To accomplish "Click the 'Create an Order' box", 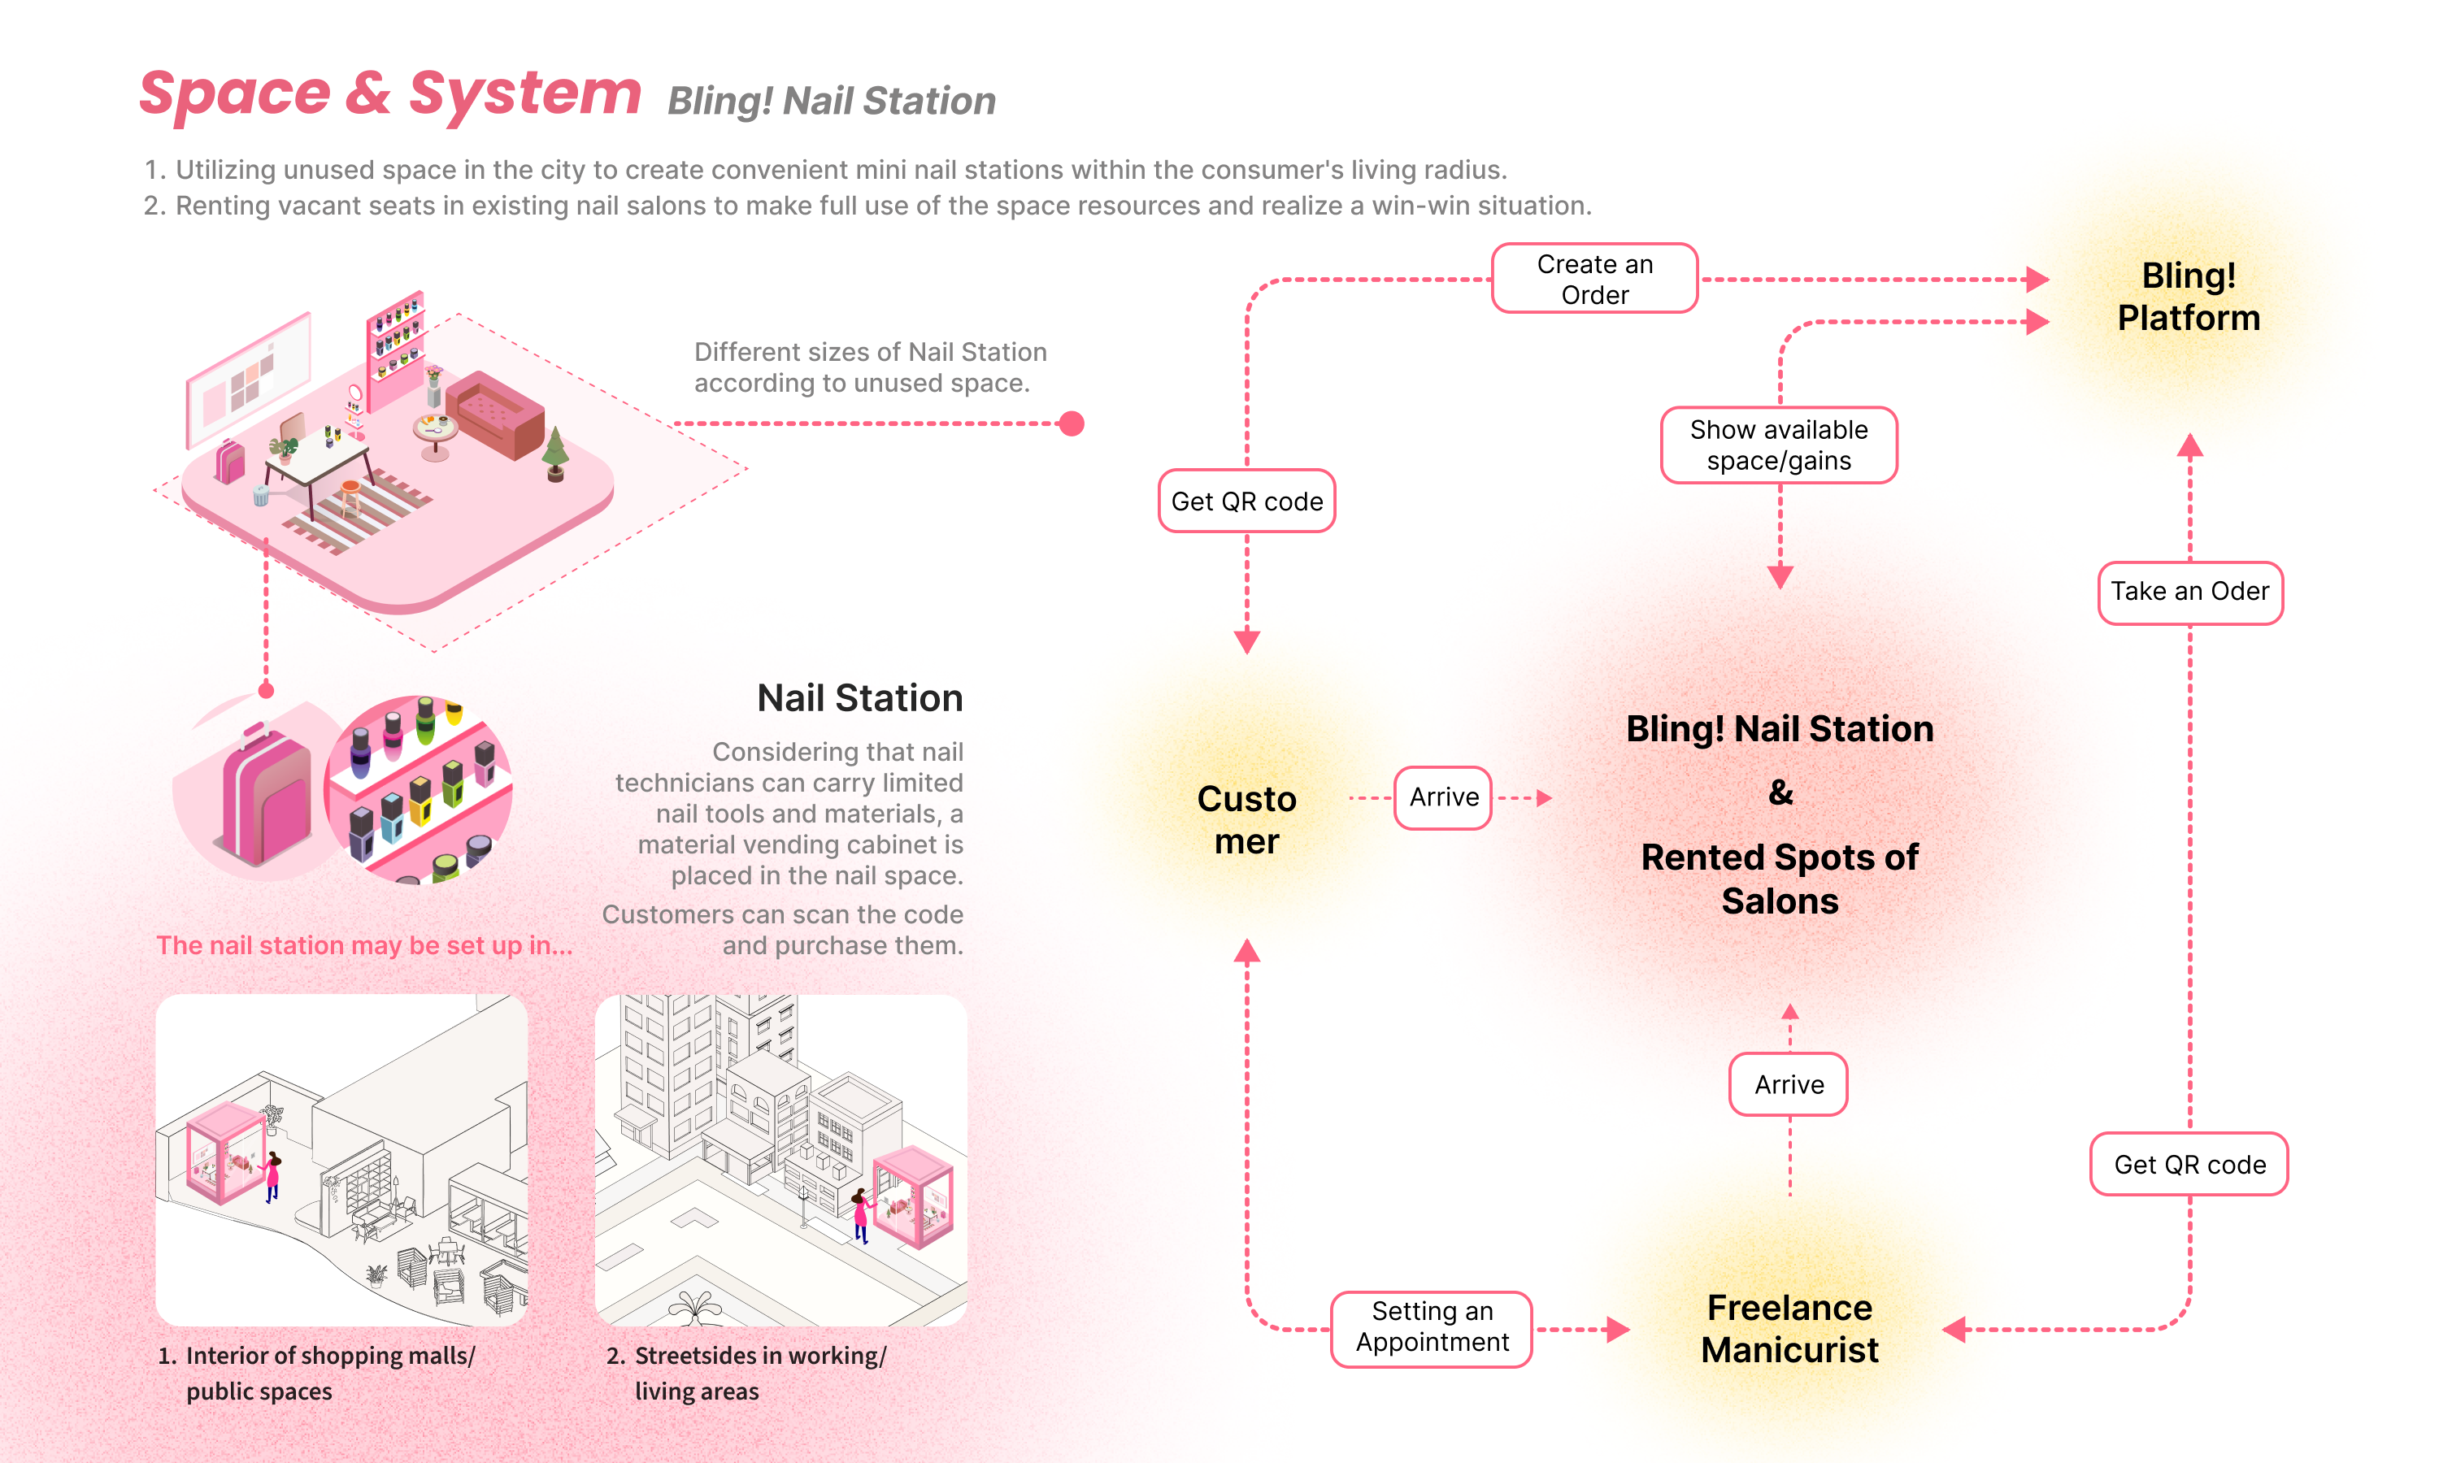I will click(x=1594, y=279).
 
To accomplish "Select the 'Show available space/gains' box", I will click(x=1779, y=445).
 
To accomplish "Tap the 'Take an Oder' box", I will click(x=2189, y=592).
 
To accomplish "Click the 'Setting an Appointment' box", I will click(x=1432, y=1327).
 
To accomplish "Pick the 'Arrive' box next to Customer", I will click(x=1443, y=797).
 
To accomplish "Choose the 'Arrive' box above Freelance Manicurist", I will click(x=1789, y=1084).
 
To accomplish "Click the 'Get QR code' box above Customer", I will click(x=1246, y=501).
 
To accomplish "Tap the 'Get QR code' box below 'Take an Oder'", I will click(x=2189, y=1164).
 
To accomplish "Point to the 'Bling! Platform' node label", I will click(x=2188, y=297).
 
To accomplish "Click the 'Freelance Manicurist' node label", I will click(x=1789, y=1328).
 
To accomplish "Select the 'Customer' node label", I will click(x=1246, y=819).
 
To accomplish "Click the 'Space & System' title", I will click(x=390, y=94).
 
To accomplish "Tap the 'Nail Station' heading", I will click(x=859, y=698).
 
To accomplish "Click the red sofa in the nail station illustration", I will click(x=495, y=415).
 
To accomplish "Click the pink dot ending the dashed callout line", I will click(x=1071, y=424).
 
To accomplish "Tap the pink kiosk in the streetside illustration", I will click(x=913, y=1195).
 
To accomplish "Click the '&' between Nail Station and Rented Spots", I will click(x=1780, y=792).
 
